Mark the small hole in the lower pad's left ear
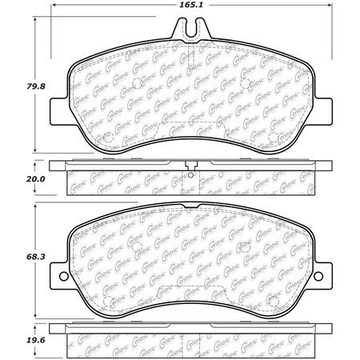click(58, 278)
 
